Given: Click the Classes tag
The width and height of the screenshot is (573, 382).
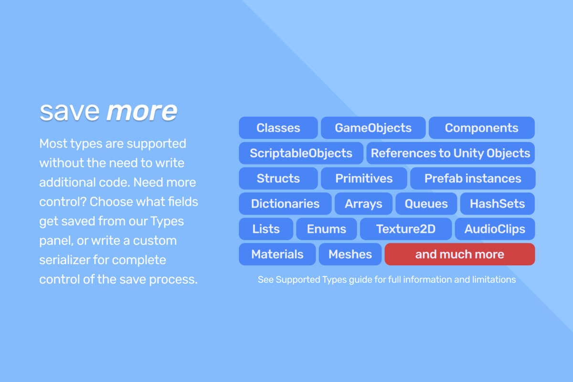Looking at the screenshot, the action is [278, 127].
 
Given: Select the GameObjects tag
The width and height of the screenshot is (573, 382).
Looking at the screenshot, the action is [373, 127].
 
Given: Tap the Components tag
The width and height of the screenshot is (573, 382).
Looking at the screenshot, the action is [482, 127].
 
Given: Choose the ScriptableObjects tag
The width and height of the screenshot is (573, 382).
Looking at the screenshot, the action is [301, 153].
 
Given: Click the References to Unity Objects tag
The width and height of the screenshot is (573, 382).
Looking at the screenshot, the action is [450, 153].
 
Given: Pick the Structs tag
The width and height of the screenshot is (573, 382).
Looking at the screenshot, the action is [278, 178].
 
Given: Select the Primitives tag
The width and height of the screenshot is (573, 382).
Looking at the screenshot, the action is [364, 178].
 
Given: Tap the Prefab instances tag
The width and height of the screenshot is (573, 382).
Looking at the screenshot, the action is [473, 178].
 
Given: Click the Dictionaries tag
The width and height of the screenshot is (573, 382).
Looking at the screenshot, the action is [285, 204].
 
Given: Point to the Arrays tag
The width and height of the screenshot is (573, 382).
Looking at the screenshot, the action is [363, 204].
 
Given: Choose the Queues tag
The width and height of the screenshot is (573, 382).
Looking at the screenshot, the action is [426, 204].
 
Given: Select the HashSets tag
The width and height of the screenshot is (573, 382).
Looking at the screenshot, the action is [498, 204].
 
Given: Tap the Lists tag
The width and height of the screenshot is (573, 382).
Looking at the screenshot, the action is [266, 229].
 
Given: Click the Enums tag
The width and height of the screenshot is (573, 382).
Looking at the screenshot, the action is [327, 229].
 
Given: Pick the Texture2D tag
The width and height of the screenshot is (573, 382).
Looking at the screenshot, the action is [406, 229].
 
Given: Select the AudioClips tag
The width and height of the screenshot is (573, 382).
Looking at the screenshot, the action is [495, 229].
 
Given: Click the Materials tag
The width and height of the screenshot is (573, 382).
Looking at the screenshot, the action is [277, 255].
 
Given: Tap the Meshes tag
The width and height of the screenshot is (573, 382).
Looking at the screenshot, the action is [350, 255].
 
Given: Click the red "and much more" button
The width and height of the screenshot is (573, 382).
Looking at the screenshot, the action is [460, 255].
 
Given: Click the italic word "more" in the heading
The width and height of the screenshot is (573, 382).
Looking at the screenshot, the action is [142, 112].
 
